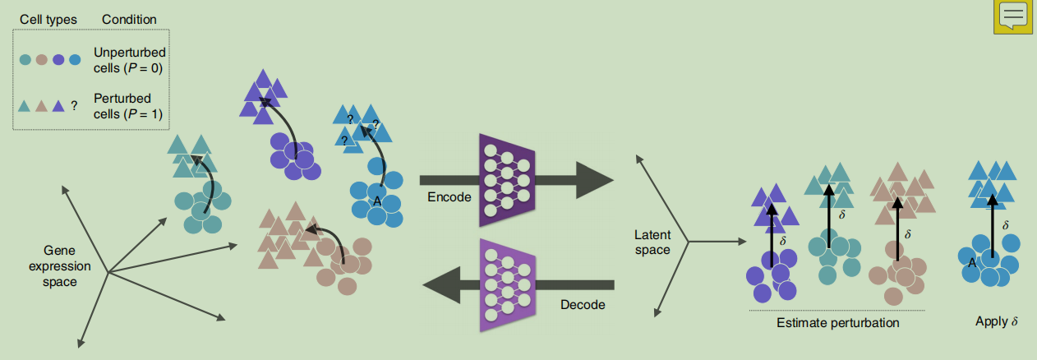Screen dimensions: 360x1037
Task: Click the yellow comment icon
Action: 1012,16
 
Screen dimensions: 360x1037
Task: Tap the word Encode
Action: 450,198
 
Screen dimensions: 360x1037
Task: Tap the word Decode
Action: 583,305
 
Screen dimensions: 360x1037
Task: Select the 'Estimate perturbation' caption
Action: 837,323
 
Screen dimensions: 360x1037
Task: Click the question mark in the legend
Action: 74,106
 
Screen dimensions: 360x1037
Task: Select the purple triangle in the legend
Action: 58,106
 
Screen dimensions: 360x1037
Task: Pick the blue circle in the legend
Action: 75,59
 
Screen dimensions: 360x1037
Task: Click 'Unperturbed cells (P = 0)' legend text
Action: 129,60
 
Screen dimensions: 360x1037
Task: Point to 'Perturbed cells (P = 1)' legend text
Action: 129,105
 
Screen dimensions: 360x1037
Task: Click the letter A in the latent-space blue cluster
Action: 971,263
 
